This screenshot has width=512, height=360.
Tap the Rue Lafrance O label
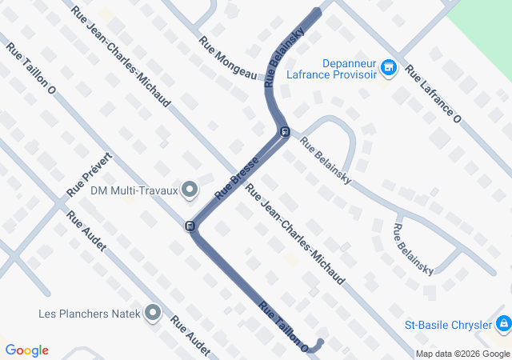[434, 94]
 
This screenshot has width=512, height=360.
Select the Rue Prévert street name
[93, 174]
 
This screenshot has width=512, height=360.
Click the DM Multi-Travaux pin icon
[190, 190]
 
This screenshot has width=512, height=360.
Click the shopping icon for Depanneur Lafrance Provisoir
[390, 68]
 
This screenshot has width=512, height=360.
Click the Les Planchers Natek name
[90, 313]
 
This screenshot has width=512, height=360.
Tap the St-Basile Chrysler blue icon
[503, 325]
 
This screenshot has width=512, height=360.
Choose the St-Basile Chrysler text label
[447, 326]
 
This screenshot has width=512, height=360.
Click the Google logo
[27, 350]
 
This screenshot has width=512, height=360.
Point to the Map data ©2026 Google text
[462, 354]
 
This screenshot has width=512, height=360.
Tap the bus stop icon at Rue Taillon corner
[190, 226]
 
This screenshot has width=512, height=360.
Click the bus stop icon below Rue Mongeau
[284, 132]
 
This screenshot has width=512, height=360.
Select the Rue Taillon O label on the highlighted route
[283, 326]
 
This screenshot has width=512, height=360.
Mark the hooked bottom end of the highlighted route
[320, 342]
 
